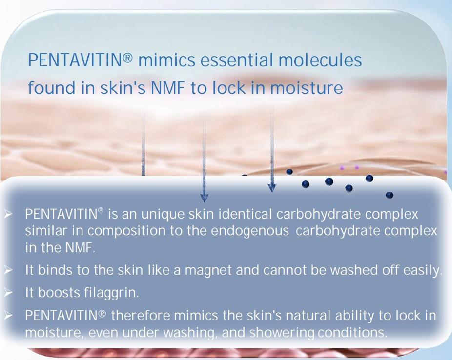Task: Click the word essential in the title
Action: coord(236,60)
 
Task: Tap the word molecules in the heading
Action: coord(320,60)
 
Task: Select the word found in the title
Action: coord(52,87)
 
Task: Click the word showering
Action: coord(281,333)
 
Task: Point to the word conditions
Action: coord(352,333)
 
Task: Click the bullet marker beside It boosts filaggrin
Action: coord(8,293)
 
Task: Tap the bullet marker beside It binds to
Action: coord(8,270)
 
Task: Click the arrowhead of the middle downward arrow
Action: coord(204,197)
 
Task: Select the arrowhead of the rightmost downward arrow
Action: coord(272,187)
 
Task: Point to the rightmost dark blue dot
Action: coord(390,195)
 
